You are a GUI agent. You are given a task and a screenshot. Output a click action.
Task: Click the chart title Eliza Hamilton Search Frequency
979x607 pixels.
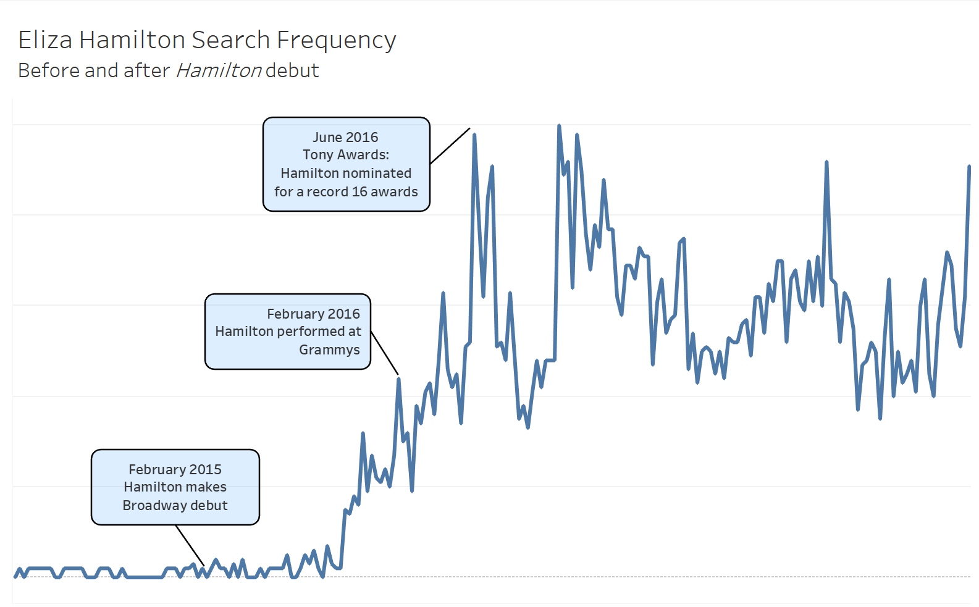[x=207, y=40]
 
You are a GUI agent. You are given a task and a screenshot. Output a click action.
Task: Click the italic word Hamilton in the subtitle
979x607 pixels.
[x=219, y=71]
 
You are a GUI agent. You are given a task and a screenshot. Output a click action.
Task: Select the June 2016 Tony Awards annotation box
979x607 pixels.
[x=346, y=164]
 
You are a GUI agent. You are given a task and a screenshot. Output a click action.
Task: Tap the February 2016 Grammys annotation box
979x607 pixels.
[x=288, y=332]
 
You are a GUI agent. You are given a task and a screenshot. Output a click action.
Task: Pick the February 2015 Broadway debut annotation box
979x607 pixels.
[x=175, y=487]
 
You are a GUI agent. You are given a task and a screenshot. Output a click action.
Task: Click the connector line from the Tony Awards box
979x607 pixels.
[x=450, y=146]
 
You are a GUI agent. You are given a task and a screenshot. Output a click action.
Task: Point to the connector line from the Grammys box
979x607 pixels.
[x=384, y=353]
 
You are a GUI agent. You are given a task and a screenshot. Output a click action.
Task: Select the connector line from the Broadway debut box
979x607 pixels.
[x=190, y=545]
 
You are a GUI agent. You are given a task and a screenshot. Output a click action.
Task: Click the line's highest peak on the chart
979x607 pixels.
[x=559, y=126]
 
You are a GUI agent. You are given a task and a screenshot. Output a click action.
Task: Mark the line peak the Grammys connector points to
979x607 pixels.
[x=398, y=379]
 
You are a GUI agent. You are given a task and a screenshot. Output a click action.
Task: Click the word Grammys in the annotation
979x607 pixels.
[x=329, y=350]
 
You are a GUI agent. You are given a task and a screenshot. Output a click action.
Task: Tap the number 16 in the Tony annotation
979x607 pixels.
[x=359, y=192]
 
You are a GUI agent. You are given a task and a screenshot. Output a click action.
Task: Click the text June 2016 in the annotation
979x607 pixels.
[x=345, y=137]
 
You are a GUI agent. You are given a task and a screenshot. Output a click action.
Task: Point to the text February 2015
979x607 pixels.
[x=175, y=469]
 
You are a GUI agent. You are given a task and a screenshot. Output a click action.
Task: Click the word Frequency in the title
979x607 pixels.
[x=336, y=40]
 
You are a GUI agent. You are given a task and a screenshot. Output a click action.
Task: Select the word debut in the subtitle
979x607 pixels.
[x=292, y=71]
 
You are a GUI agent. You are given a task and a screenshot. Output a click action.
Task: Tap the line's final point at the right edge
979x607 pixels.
[x=969, y=167]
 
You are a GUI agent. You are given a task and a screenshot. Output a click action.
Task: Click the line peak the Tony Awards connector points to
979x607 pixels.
[x=474, y=135]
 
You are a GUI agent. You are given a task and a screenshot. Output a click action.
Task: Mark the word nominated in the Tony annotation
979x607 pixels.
[x=378, y=174]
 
